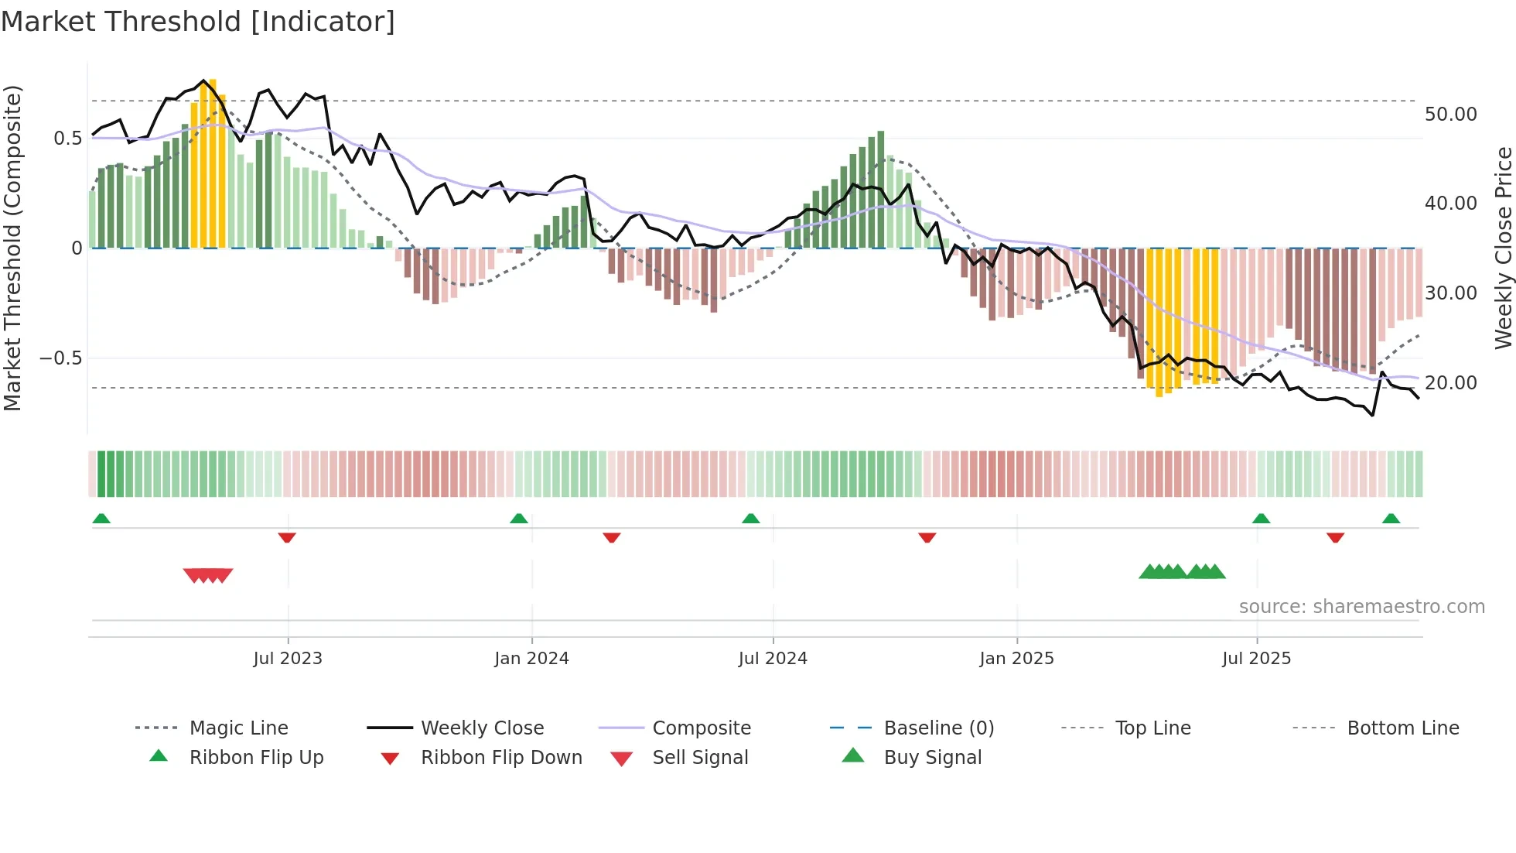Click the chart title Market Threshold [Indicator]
pyautogui.click(x=198, y=22)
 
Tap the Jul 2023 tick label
pyautogui.click(x=288, y=659)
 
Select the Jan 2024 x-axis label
pyautogui.click(x=531, y=659)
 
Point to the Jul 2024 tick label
pyautogui.click(x=773, y=659)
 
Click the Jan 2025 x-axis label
pyautogui.click(x=1016, y=659)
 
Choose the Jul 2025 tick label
pyautogui.click(x=1257, y=659)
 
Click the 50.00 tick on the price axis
pyautogui.click(x=1450, y=115)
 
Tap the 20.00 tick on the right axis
pyautogui.click(x=1450, y=383)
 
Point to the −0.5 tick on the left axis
pyautogui.click(x=60, y=358)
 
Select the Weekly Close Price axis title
pyautogui.click(x=1503, y=248)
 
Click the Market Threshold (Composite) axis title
pyautogui.click(x=12, y=248)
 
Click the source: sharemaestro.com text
pyautogui.click(x=1361, y=607)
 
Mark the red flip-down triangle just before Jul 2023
pyautogui.click(x=287, y=537)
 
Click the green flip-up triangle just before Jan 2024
pyautogui.click(x=519, y=519)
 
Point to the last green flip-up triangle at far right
pyautogui.click(x=1391, y=519)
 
